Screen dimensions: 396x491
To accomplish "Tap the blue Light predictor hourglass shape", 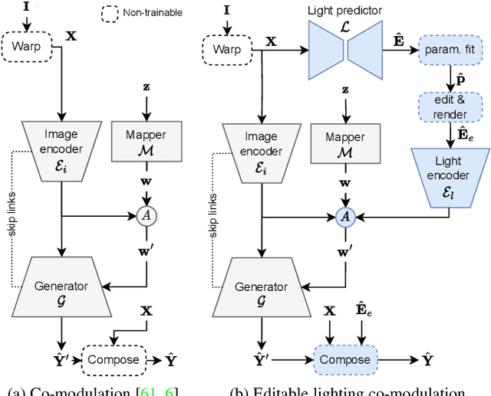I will [344, 50].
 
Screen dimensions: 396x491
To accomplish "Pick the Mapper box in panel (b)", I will [345, 142].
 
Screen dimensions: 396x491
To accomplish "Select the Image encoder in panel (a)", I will [61, 142].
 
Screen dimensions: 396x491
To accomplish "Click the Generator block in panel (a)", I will [61, 287].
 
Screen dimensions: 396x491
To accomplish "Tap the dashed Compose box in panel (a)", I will [114, 358].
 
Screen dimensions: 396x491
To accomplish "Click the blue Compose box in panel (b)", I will [344, 359].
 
